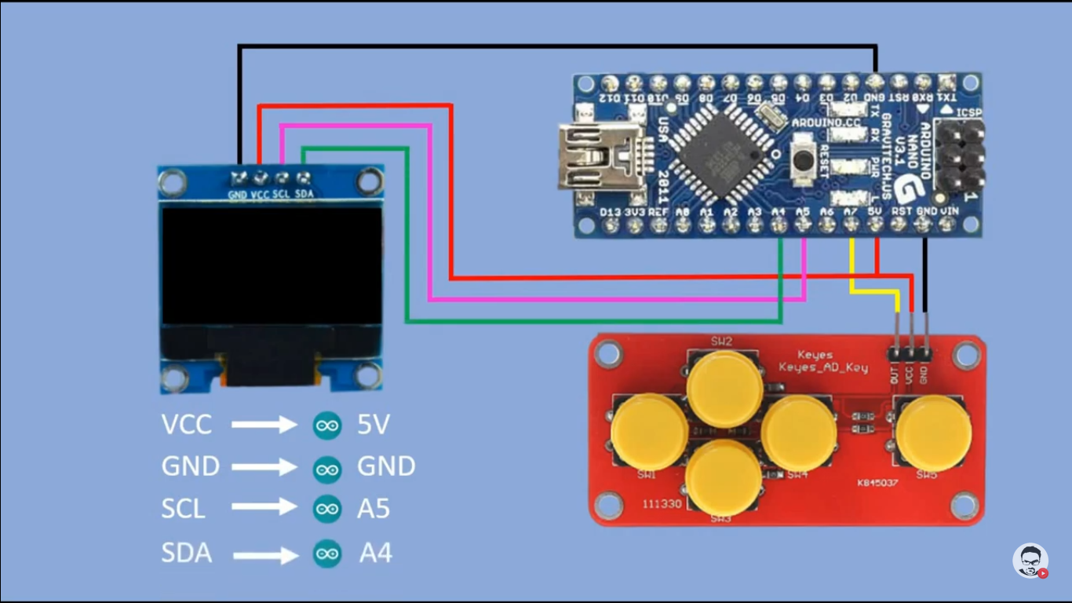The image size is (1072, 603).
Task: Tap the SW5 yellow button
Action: tap(933, 433)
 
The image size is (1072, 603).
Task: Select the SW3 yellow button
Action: tap(723, 477)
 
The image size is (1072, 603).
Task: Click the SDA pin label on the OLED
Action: tap(304, 195)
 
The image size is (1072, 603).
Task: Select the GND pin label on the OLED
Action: tap(238, 195)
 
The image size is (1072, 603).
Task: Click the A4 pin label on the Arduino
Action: tap(778, 212)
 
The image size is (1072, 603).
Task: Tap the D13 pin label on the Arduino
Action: tap(611, 212)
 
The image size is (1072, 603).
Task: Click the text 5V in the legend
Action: tap(374, 425)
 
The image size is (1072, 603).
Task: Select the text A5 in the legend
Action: tap(374, 509)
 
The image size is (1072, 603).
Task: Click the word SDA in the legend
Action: tap(187, 553)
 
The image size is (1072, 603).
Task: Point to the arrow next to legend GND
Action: tap(264, 467)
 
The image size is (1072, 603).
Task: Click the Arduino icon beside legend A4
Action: tap(327, 554)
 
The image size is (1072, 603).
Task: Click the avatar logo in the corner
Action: tap(1030, 561)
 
